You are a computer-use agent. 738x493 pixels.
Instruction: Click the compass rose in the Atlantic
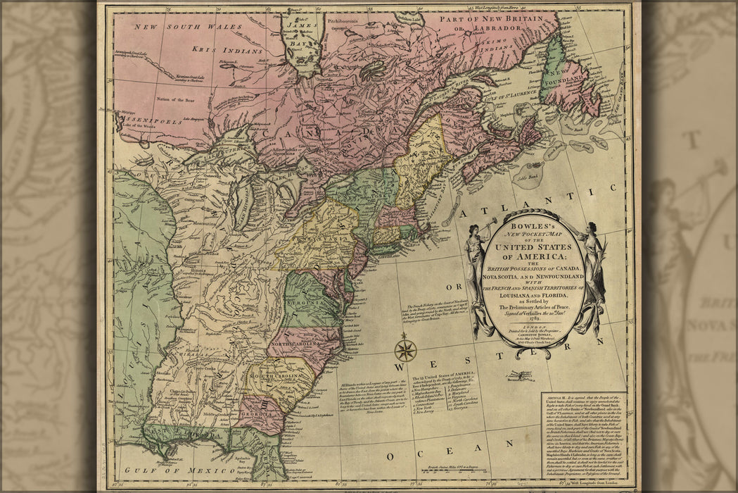click(x=405, y=350)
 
